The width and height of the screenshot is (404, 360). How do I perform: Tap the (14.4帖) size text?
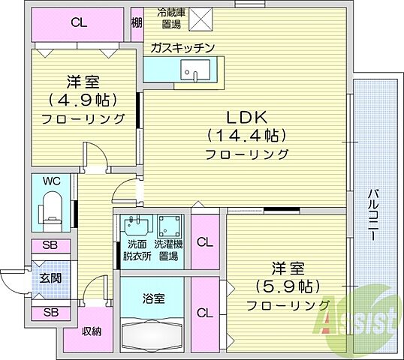tap(244, 136)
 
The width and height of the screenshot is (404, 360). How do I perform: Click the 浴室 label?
tap(154, 298)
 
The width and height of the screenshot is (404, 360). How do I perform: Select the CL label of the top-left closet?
tap(78, 23)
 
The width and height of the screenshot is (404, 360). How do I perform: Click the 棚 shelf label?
tap(136, 22)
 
